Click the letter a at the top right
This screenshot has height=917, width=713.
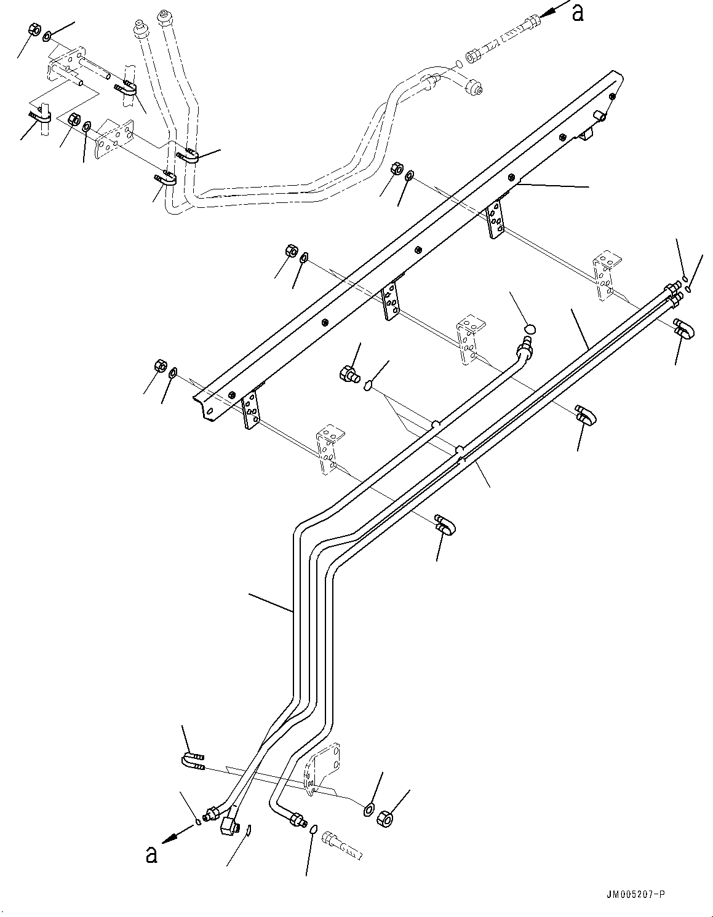(577, 12)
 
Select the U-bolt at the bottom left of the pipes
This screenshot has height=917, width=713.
(193, 761)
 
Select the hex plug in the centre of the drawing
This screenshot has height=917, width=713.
(348, 373)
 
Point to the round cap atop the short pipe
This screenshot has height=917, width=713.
(530, 330)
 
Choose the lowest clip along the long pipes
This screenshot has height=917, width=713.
(445, 524)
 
